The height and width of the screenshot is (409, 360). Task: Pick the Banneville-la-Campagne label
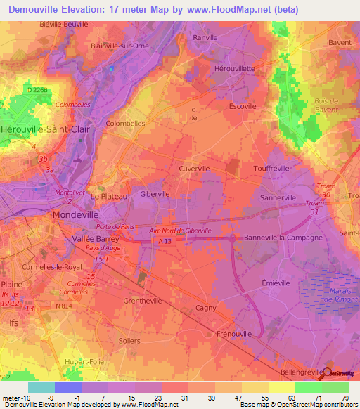283,238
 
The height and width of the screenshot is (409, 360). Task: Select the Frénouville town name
234,333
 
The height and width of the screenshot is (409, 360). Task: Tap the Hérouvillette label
235,69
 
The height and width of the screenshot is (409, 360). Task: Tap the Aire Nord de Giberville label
181,231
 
